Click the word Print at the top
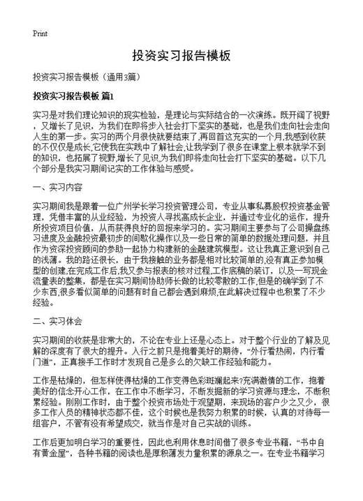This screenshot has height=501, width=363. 39,33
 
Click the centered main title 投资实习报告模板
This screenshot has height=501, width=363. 181,55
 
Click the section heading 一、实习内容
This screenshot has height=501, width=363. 58,168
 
